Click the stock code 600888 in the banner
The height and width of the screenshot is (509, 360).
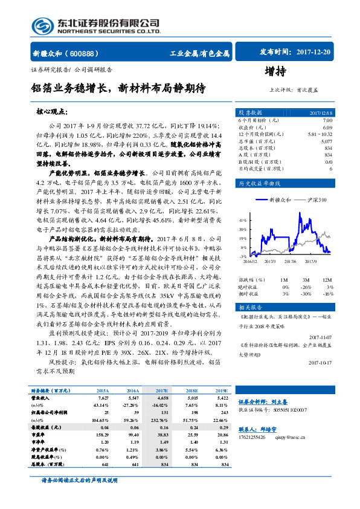coord(90,53)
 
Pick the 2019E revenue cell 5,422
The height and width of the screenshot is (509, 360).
coord(221,399)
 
